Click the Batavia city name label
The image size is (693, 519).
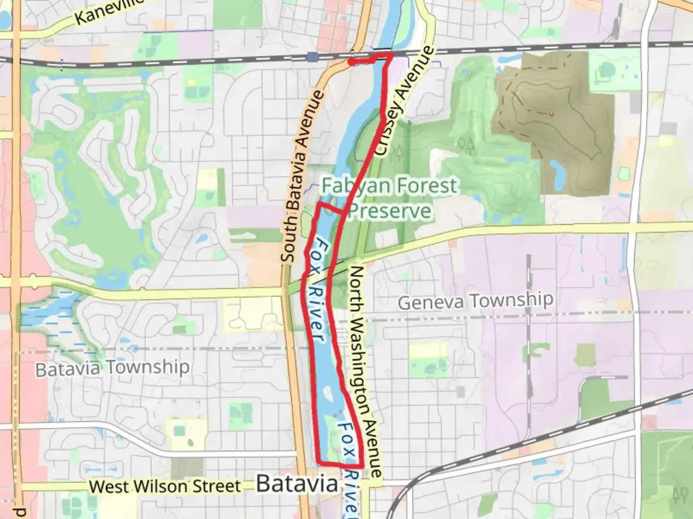click(x=297, y=483)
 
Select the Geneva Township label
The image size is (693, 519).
click(x=475, y=301)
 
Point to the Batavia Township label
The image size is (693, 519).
click(x=113, y=368)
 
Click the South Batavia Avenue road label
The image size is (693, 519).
click(x=302, y=177)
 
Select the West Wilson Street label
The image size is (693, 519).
click(x=165, y=486)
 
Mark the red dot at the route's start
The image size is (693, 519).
click(x=352, y=62)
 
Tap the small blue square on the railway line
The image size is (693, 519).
click(x=313, y=58)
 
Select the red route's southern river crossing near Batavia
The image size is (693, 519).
click(x=340, y=465)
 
